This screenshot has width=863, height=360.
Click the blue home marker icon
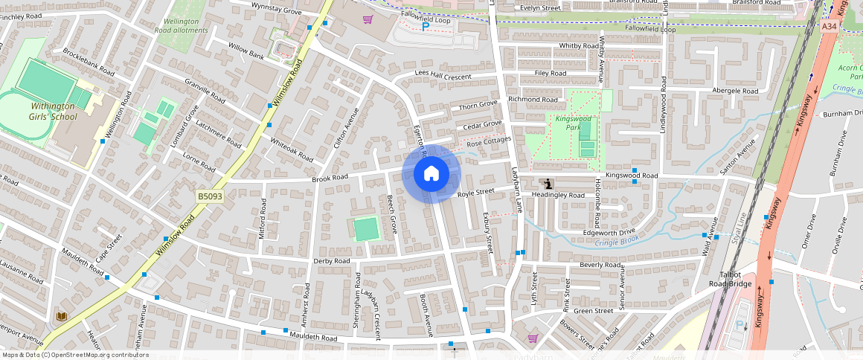431,174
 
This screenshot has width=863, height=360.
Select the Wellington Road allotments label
176,26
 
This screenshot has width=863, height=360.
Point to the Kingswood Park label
573,123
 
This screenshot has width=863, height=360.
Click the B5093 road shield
210,196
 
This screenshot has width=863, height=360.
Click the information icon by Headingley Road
548,184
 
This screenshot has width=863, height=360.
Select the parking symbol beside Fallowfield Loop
426,27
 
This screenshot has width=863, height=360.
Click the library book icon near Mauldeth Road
61,317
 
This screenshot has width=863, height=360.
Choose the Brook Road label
330,179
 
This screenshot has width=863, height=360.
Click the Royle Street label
476,193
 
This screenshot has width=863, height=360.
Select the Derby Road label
332,261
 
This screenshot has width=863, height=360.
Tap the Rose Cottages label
489,141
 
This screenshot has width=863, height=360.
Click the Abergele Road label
735,91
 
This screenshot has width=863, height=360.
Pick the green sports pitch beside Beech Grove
366,229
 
